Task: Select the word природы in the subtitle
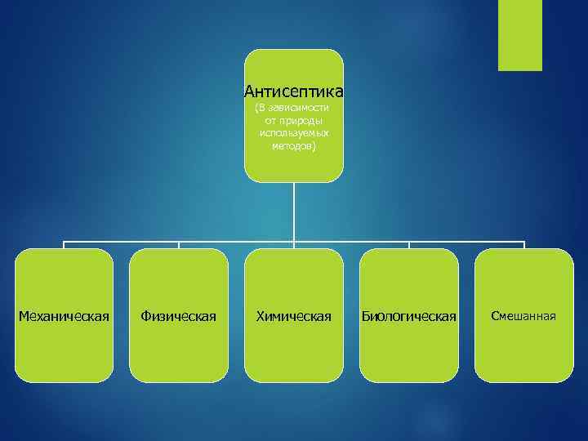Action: pos(300,120)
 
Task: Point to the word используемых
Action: pos(294,132)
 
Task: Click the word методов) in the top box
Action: pos(294,145)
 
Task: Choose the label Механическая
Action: pos(64,316)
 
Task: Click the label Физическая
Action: pos(179,316)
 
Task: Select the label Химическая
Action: pos(294,316)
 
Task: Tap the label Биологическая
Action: pos(409,316)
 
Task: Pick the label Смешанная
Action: pos(523,316)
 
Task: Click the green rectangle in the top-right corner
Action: pos(520,34)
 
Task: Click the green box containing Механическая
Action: pos(64,351)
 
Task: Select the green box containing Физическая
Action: pos(179,351)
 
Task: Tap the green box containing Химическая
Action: pos(294,351)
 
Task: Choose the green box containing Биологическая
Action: pos(409,351)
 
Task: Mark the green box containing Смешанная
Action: pos(523,351)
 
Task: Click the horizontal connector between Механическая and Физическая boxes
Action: pos(121,242)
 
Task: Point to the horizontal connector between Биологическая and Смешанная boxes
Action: pos(466,242)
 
